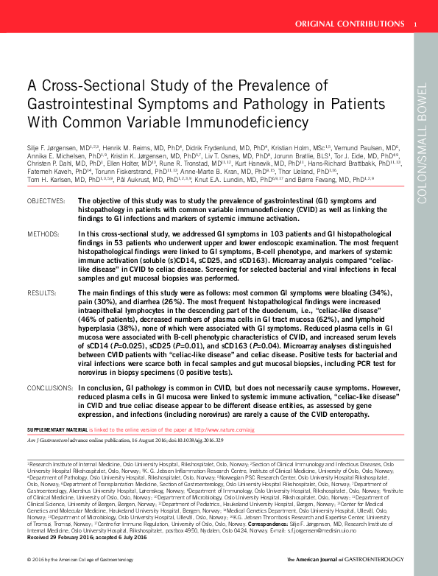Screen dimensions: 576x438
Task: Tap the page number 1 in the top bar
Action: pos(416,24)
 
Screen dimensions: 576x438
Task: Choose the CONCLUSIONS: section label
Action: pos(51,387)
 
